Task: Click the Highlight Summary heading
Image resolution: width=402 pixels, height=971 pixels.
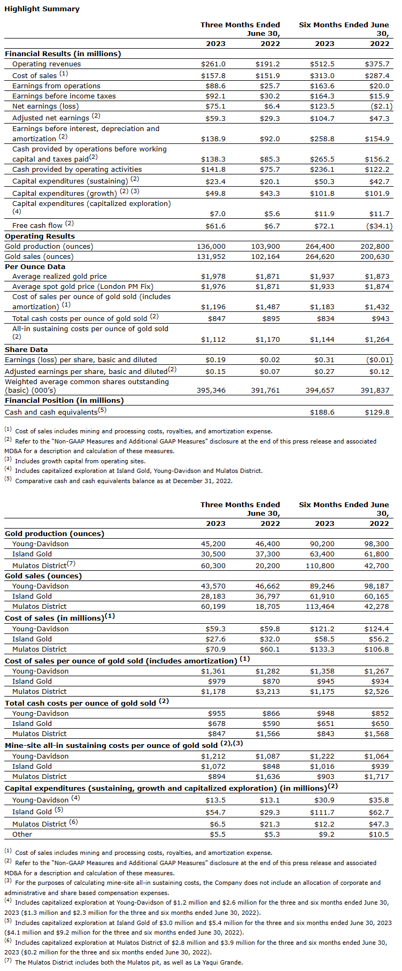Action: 42,9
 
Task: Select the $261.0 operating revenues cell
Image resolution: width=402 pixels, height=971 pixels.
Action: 213,64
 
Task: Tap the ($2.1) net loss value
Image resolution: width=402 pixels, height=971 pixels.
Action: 381,106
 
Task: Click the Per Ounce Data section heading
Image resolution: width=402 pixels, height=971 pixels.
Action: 35,267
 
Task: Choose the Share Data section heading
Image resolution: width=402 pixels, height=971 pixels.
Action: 26,350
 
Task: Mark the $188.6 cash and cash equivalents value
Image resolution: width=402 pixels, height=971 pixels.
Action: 322,412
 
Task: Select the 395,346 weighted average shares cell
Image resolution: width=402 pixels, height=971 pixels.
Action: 211,391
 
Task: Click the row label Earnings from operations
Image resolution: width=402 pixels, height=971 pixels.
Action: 56,86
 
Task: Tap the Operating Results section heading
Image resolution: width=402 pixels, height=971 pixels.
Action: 40,236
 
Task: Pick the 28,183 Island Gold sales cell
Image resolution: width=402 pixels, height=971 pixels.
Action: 213,597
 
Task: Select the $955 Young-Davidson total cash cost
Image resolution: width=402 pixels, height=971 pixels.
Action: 217,714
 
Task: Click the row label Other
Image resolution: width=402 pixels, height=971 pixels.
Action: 22,835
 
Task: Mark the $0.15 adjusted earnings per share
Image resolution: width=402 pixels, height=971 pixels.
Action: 215,372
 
